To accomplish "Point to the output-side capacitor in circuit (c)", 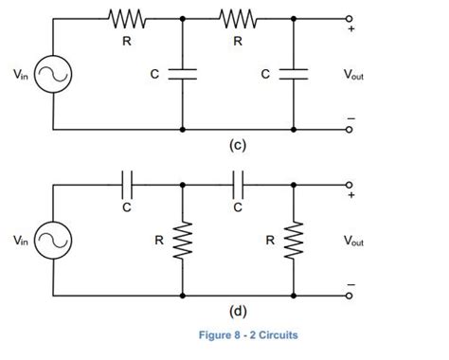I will click(x=295, y=74).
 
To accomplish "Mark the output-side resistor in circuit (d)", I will click(x=295, y=241).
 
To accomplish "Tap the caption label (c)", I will click(x=238, y=146).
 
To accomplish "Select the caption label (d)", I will click(x=238, y=312).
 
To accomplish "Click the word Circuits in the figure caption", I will click(x=275, y=334).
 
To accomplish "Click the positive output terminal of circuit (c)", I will click(x=350, y=19).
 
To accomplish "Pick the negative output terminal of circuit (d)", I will click(x=350, y=295).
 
